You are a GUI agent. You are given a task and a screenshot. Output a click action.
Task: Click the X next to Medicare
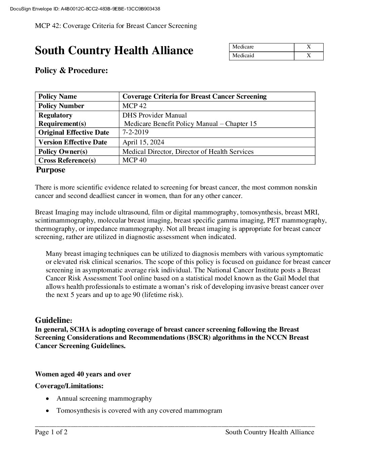(308, 47)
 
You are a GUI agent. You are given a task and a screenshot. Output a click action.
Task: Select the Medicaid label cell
(261, 56)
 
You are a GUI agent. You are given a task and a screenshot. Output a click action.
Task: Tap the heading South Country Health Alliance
(114, 50)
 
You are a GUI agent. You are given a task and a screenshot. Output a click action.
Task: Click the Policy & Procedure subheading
(71, 71)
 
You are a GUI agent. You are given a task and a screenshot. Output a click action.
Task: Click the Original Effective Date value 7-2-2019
(135, 132)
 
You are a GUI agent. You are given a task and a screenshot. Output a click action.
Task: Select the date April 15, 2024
(143, 142)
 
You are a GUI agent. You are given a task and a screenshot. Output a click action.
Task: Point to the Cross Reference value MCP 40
(134, 160)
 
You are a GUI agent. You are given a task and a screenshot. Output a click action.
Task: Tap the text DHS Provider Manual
(154, 115)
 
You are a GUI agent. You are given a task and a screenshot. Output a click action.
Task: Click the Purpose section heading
(50, 170)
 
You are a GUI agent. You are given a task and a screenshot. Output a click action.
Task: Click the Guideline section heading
(53, 320)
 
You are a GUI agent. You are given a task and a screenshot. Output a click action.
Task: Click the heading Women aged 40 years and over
(83, 374)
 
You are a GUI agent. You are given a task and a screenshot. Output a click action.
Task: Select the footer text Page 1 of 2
(51, 432)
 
